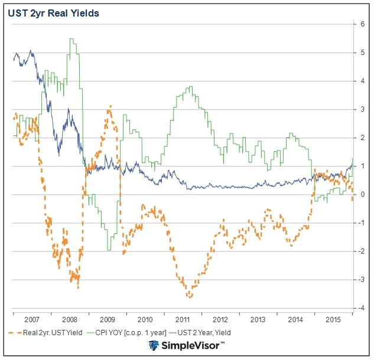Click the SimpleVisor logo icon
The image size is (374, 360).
154,346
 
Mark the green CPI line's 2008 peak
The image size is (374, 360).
71,39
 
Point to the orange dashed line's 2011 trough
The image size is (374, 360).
190,297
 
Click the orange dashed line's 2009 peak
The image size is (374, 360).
109,106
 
